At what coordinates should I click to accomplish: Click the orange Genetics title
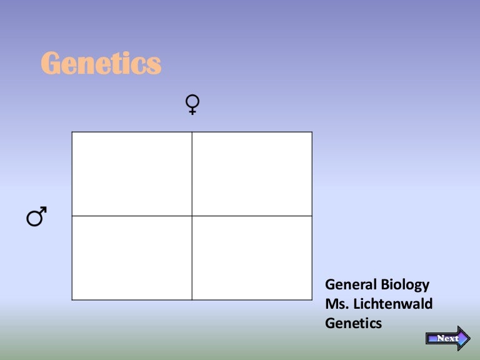pos(101,63)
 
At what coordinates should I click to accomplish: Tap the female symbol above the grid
pos(193,104)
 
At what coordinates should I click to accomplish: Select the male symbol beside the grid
pos(36,217)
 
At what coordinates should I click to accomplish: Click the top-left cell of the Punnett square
pos(132,174)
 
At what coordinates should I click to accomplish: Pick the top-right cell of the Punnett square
pos(252,174)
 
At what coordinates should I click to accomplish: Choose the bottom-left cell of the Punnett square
pos(132,257)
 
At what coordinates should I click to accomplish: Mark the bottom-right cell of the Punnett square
pos(252,257)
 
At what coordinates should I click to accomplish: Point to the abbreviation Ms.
pos(335,304)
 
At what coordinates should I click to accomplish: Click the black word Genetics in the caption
pos(353,323)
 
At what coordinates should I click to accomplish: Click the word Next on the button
pos(447,338)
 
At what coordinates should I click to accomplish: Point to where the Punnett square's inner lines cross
pos(192,216)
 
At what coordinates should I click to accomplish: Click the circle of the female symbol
pos(193,101)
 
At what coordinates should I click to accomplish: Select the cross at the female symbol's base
pos(193,111)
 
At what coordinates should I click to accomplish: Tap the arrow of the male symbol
pos(44,212)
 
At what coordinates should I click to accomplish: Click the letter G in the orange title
pos(51,63)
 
